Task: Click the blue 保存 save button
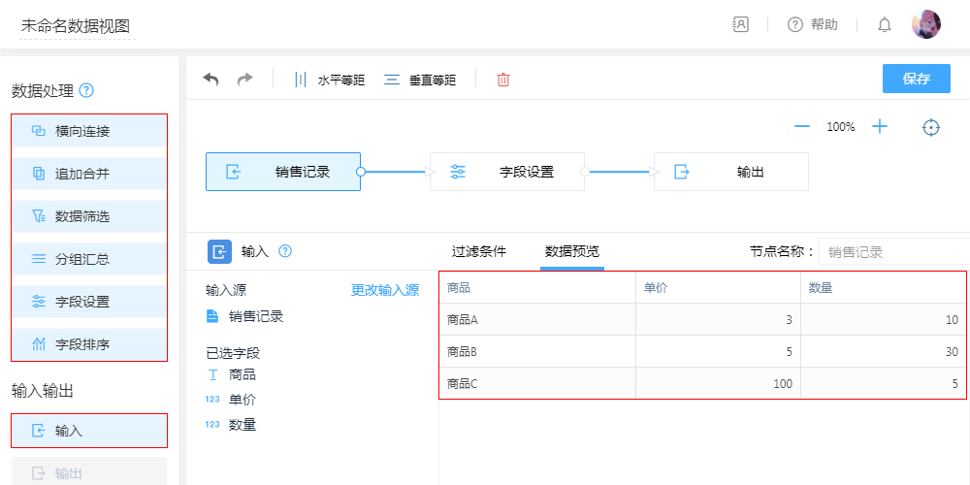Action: click(x=916, y=79)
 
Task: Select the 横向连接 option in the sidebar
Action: click(x=89, y=131)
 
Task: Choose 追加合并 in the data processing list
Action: click(x=89, y=174)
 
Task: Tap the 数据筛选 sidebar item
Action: click(x=89, y=216)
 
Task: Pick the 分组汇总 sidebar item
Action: click(x=89, y=259)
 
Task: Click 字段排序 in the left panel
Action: click(x=89, y=344)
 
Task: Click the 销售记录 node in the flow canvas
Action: click(x=283, y=172)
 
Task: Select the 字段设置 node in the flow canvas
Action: click(x=507, y=172)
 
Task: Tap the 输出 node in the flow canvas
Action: click(x=731, y=172)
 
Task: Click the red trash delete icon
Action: click(x=503, y=80)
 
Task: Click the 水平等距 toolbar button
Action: click(x=329, y=80)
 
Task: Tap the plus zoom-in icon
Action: click(x=880, y=126)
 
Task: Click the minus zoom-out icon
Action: click(x=802, y=126)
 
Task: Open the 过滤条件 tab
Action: click(x=479, y=251)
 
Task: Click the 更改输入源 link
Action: click(x=385, y=290)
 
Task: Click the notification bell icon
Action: click(x=885, y=24)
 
